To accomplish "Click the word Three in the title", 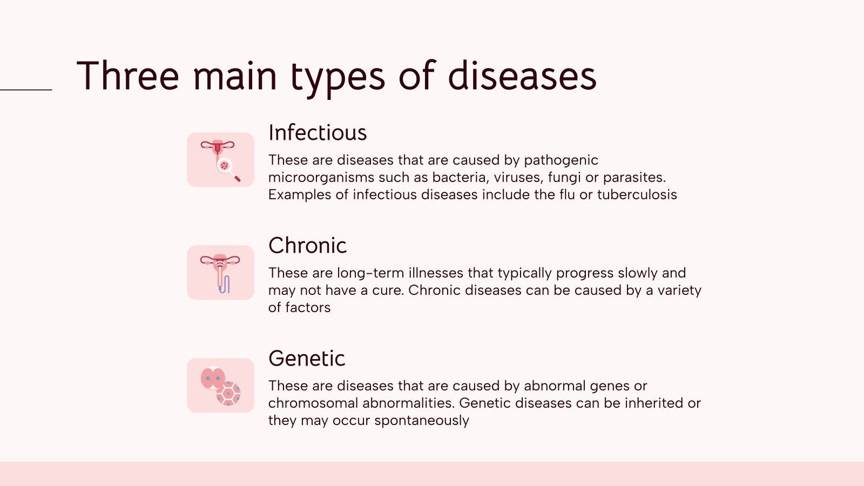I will pos(128,76).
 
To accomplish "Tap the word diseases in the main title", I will pos(522,76).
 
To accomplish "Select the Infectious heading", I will pos(318,133).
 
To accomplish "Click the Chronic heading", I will pos(307,246).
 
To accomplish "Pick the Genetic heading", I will pos(307,359).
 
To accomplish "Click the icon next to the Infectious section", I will pos(220,160).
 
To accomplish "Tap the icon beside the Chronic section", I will pos(220,273).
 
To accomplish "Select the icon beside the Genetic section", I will pos(220,386).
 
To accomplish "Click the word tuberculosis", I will pos(637,194).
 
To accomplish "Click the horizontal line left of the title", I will pos(26,90).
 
